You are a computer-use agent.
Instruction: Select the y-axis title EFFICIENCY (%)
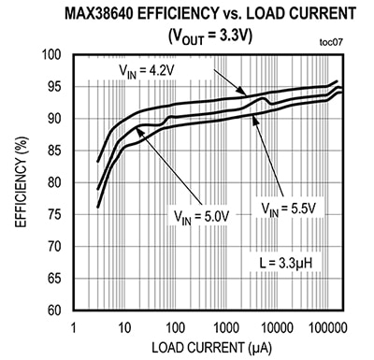pyautogui.click(x=17, y=182)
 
